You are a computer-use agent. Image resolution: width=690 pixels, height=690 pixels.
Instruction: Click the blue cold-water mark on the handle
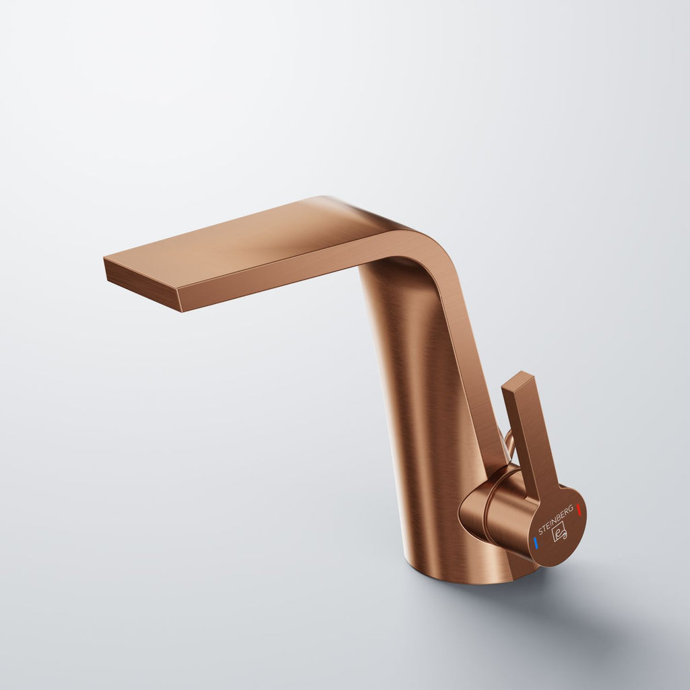[x=536, y=542]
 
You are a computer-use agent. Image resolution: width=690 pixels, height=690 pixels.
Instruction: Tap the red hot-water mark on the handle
[x=579, y=510]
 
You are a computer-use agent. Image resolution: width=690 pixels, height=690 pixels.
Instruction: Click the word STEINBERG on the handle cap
[x=556, y=520]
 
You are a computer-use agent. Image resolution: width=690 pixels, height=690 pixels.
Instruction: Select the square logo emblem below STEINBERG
[x=560, y=532]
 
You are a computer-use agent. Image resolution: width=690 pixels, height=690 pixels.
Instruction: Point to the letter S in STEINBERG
[x=541, y=532]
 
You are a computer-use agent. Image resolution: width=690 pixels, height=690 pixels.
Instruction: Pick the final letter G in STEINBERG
[x=571, y=508]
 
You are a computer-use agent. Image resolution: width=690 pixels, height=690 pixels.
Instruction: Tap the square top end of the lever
[x=517, y=380]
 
